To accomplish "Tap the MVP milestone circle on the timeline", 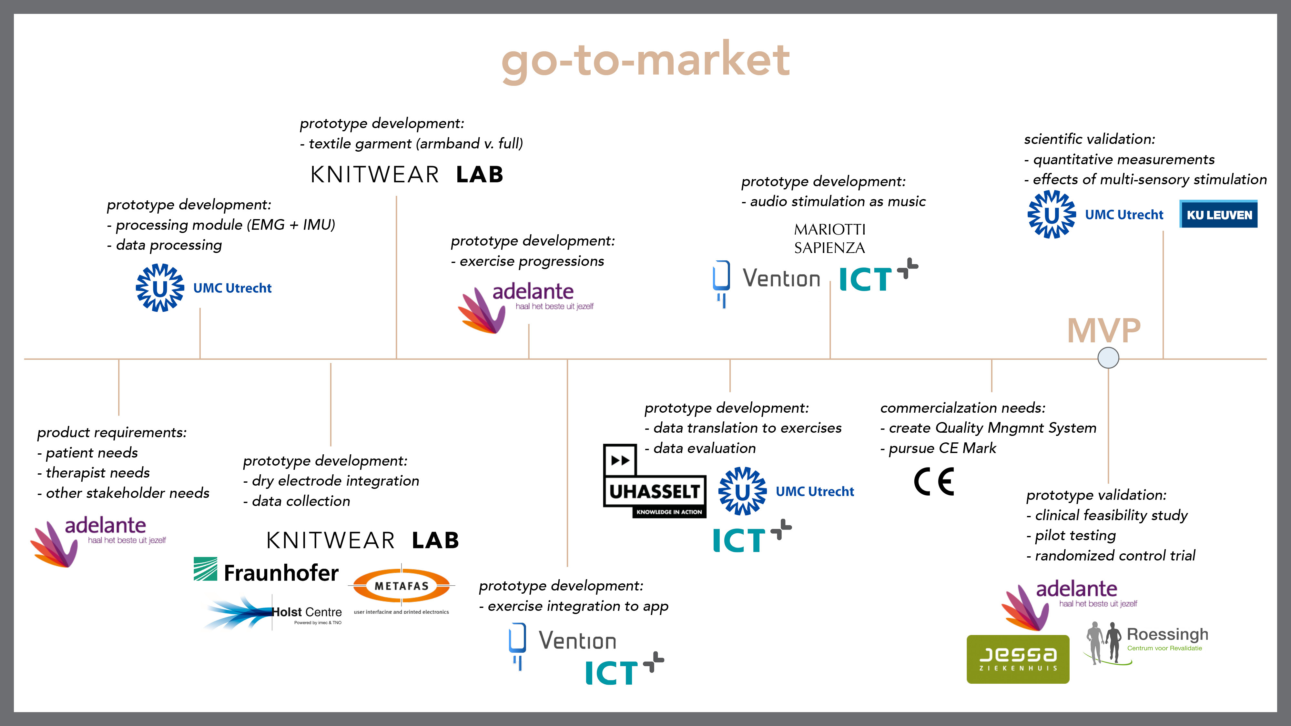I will coord(1108,358).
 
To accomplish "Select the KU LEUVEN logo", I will coord(1218,215).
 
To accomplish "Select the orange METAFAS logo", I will coord(402,586).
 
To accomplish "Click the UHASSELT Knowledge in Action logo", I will coord(655,481).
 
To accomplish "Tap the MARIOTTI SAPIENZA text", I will coord(829,238).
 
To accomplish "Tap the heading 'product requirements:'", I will coord(112,432).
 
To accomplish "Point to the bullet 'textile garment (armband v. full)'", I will coord(412,144).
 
